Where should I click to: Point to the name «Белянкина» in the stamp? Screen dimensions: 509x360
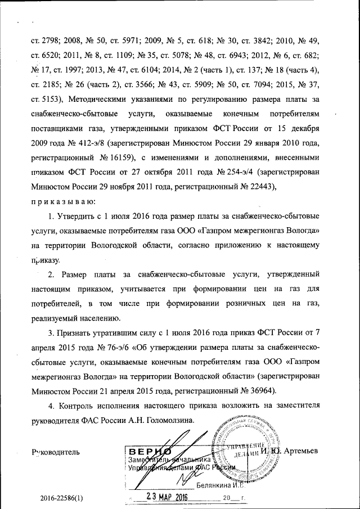point(217,485)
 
